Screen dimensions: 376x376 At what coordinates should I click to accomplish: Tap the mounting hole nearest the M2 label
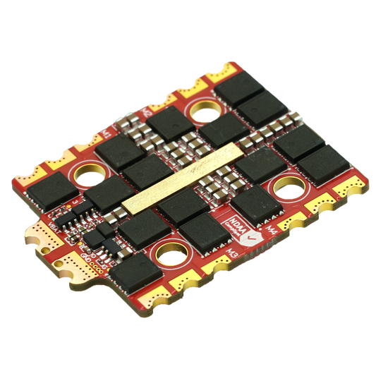[x=205, y=111]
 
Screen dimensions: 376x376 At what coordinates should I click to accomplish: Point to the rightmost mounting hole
[x=289, y=186]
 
